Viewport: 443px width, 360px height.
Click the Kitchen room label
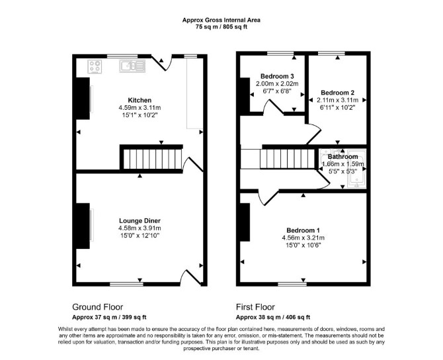pyautogui.click(x=140, y=100)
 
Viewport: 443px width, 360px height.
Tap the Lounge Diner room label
pyautogui.click(x=140, y=220)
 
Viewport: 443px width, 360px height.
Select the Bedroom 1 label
pyautogui.click(x=303, y=230)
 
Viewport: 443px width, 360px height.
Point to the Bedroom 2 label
pyautogui.click(x=337, y=93)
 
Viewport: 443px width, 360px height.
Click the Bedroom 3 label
pyautogui.click(x=277, y=76)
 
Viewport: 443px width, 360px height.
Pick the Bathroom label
pyautogui.click(x=342, y=157)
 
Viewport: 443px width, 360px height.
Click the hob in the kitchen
pyautogui.click(x=95, y=67)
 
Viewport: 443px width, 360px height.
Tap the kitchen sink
pyautogui.click(x=132, y=66)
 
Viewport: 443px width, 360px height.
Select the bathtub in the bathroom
pyautogui.click(x=357, y=169)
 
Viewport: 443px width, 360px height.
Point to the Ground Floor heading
pyautogui.click(x=97, y=307)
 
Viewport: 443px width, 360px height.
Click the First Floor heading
pyautogui.click(x=255, y=307)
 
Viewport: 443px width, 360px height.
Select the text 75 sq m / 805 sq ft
pyautogui.click(x=221, y=27)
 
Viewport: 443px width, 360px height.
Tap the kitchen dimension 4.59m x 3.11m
pyautogui.click(x=140, y=108)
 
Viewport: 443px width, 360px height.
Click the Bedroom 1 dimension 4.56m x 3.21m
pyautogui.click(x=303, y=238)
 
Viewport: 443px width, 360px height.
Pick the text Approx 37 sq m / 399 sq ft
pyautogui.click(x=109, y=317)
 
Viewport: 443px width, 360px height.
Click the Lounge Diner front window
pyautogui.click(x=126, y=284)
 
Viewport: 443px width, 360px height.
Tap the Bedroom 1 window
pyautogui.click(x=292, y=284)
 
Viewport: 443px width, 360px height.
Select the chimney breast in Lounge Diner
pyautogui.click(x=83, y=226)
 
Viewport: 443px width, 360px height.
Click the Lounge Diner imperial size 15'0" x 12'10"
pyautogui.click(x=140, y=236)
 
